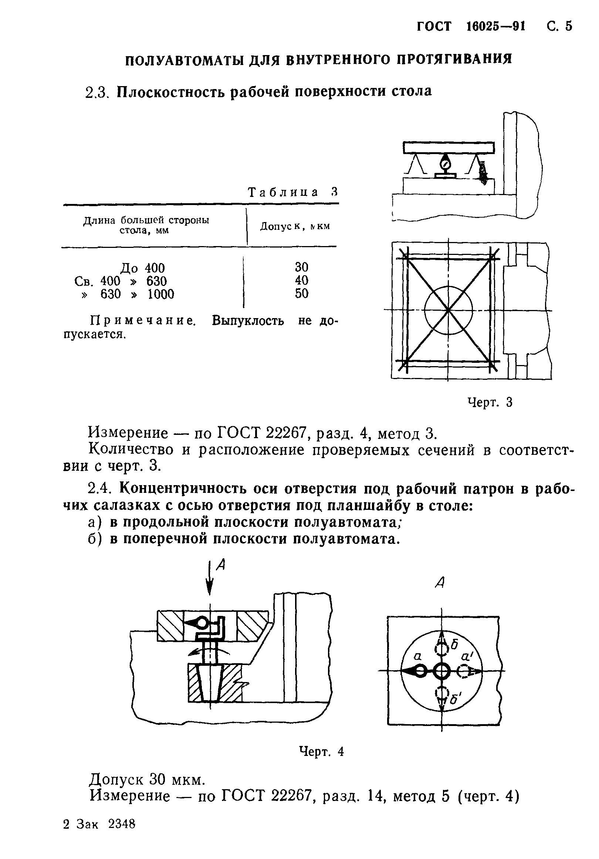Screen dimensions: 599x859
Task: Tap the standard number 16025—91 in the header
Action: [x=496, y=27]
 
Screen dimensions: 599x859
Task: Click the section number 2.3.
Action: [x=98, y=92]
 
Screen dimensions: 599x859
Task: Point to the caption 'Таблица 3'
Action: [x=293, y=192]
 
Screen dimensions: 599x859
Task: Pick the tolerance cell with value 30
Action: [x=301, y=267]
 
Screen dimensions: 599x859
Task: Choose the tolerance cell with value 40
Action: [x=301, y=280]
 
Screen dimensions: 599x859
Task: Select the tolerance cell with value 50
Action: [x=301, y=294]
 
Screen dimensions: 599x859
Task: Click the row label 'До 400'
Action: [x=142, y=268]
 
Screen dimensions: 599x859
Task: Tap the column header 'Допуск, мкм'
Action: [x=295, y=226]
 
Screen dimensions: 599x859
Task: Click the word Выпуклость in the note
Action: [x=247, y=321]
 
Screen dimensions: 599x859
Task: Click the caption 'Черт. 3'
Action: [x=490, y=402]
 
